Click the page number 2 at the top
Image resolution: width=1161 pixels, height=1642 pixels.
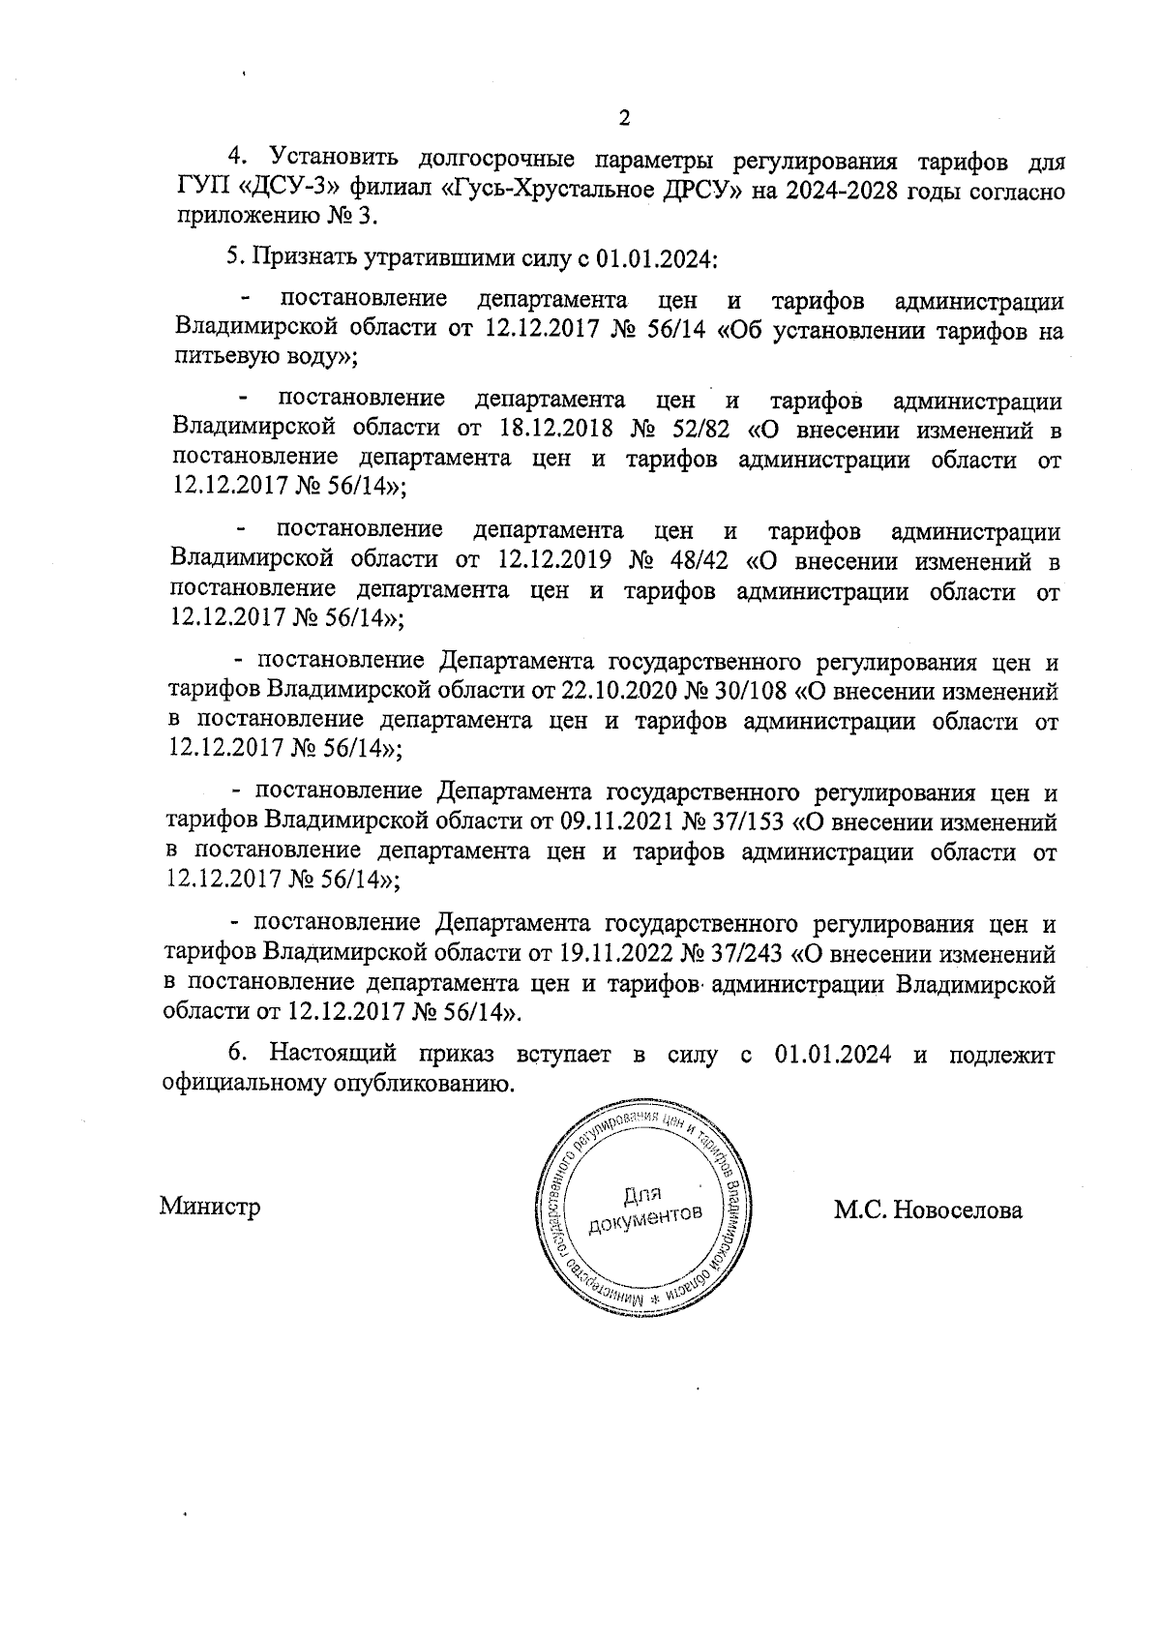click(x=623, y=118)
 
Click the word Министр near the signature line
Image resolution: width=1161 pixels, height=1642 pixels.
click(x=210, y=1208)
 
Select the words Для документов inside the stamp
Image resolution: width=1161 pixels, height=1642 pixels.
click(x=643, y=1205)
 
